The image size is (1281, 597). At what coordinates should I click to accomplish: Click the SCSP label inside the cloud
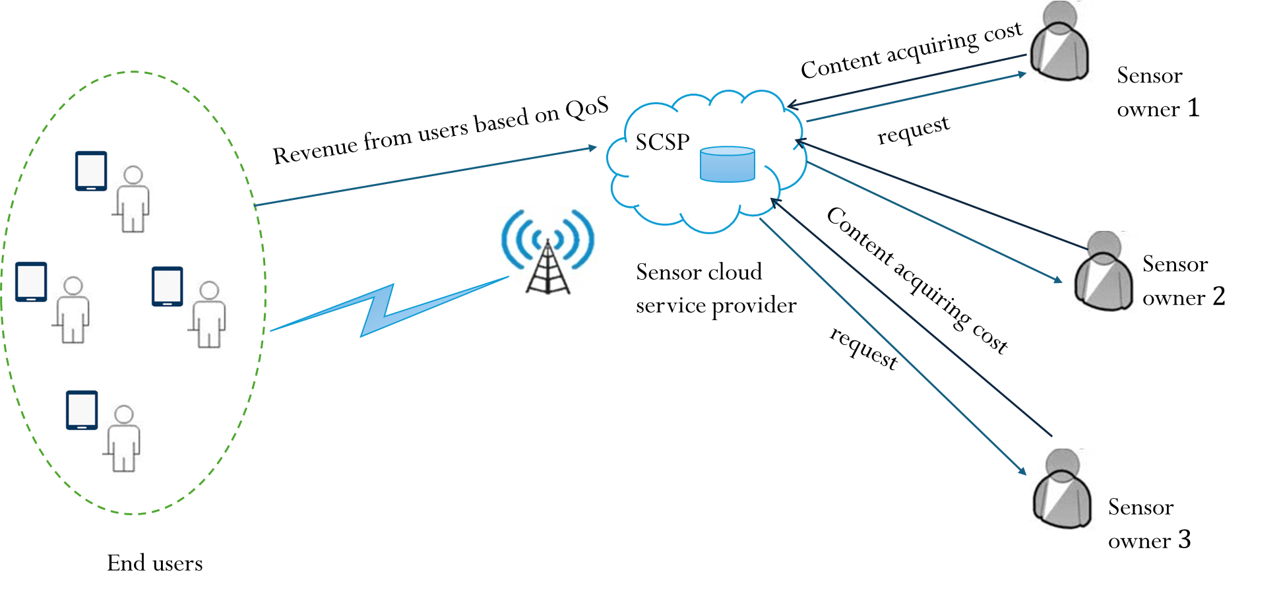pyautogui.click(x=662, y=142)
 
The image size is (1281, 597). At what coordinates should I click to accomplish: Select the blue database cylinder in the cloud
pyautogui.click(x=727, y=164)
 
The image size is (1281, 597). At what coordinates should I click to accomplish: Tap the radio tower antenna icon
pyautogui.click(x=547, y=256)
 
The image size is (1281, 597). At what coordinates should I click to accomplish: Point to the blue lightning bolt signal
pyautogui.click(x=383, y=310)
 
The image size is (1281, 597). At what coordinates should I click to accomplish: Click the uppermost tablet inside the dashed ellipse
pyautogui.click(x=91, y=171)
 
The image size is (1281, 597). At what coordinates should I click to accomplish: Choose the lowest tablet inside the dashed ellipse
pyautogui.click(x=82, y=410)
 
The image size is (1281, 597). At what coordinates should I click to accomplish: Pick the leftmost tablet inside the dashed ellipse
pyautogui.click(x=32, y=282)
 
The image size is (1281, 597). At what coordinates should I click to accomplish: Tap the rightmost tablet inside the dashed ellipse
pyautogui.click(x=168, y=286)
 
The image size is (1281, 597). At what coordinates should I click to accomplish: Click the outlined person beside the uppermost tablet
pyautogui.click(x=133, y=199)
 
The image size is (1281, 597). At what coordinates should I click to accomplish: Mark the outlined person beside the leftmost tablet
pyautogui.click(x=73, y=309)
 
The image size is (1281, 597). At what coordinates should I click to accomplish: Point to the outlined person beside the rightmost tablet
pyautogui.click(x=208, y=314)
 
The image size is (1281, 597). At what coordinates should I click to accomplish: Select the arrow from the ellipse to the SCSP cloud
pyautogui.click(x=425, y=176)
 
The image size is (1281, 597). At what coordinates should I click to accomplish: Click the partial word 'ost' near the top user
pyautogui.click(x=1008, y=31)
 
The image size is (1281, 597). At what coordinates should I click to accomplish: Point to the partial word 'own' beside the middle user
pyautogui.click(x=1159, y=299)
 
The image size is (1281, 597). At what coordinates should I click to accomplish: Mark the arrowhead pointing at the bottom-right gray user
pyautogui.click(x=1023, y=471)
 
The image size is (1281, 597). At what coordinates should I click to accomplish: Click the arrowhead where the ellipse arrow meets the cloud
pyautogui.click(x=592, y=148)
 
